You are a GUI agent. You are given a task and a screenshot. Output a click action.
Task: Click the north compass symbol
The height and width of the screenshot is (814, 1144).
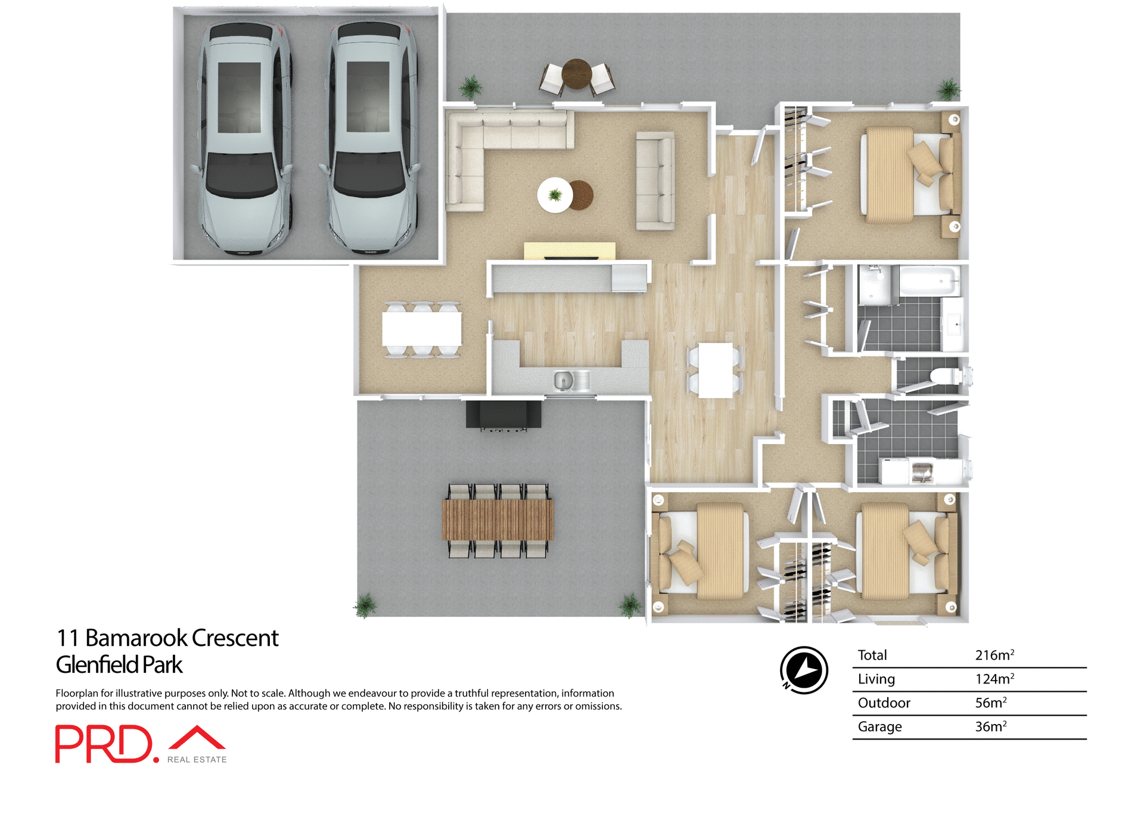[804, 670]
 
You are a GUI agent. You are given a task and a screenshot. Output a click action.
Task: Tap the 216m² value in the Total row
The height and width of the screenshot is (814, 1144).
[994, 655]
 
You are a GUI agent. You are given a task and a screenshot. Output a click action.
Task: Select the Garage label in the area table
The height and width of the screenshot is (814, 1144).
[879, 727]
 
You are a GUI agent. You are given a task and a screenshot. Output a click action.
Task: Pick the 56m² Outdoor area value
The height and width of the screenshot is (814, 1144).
[990, 703]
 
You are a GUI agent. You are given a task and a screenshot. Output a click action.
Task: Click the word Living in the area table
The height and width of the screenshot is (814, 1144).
[876, 679]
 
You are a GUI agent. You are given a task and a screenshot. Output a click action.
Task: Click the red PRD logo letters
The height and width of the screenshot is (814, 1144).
[104, 744]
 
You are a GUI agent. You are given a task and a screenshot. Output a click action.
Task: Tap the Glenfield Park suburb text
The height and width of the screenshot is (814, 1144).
[119, 665]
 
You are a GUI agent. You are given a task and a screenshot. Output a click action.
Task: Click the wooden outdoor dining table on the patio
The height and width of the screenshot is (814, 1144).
[498, 520]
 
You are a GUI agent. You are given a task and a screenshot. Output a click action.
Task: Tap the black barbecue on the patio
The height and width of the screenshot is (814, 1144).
[503, 415]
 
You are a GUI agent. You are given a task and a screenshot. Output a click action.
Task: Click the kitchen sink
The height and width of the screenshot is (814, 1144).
[564, 380]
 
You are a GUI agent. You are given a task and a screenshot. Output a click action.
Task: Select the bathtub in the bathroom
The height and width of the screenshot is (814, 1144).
[929, 281]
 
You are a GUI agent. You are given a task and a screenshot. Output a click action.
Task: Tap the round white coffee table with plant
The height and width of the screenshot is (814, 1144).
[555, 195]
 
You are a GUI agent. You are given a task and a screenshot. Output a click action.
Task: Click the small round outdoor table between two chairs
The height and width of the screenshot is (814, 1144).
[576, 74]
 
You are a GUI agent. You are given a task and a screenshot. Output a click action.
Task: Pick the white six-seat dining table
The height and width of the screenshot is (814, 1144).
[421, 330]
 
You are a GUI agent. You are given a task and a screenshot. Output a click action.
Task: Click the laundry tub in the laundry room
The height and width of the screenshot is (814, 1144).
[922, 471]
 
